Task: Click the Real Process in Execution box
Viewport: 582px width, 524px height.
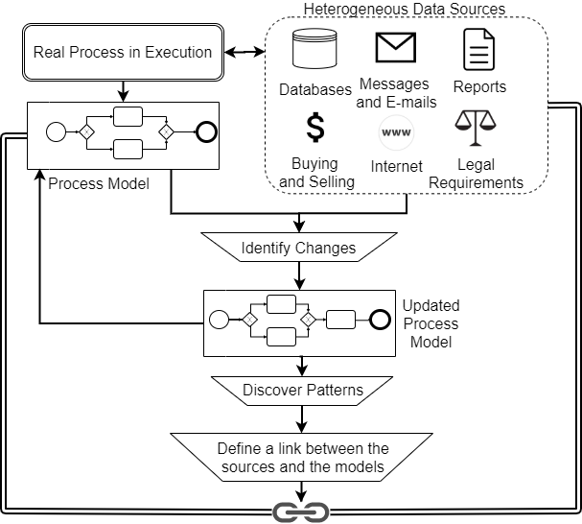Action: pyautogui.click(x=123, y=52)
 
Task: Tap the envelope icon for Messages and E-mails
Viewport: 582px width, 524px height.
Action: pyautogui.click(x=395, y=49)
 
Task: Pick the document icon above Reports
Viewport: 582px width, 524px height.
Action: pyautogui.click(x=479, y=50)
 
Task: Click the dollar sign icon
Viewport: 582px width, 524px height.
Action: pyautogui.click(x=315, y=128)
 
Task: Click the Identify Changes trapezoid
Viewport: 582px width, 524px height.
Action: pyautogui.click(x=298, y=248)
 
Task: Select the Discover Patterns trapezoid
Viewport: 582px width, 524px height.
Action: pyautogui.click(x=302, y=390)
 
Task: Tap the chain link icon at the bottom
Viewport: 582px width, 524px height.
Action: pyautogui.click(x=302, y=512)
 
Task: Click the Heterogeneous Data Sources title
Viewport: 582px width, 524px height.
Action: pyautogui.click(x=405, y=10)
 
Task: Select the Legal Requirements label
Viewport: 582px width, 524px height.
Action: pyautogui.click(x=476, y=174)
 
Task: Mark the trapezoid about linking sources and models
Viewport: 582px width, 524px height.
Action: pyautogui.click(x=302, y=458)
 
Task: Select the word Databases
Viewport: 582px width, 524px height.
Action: pyautogui.click(x=315, y=90)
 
